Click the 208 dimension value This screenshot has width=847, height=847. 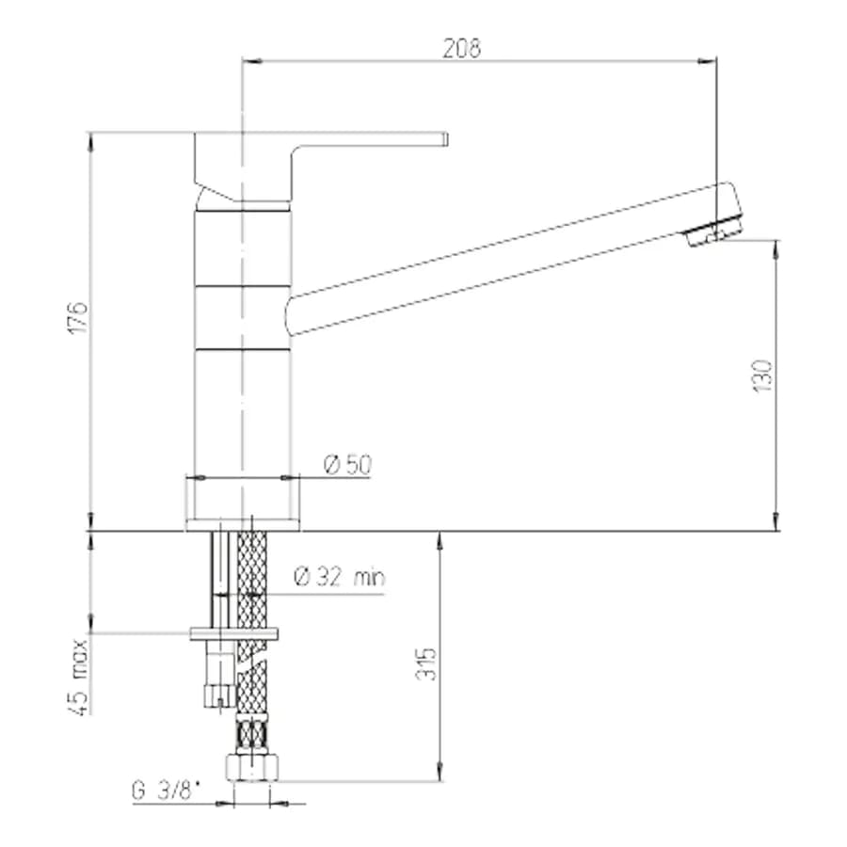point(462,48)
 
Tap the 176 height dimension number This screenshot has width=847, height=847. point(78,318)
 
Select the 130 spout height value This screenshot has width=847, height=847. point(762,376)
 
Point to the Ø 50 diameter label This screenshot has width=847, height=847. point(348,465)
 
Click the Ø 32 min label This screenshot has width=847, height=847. point(340,577)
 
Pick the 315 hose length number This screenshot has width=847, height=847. point(425,663)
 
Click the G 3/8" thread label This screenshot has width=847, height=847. point(166,791)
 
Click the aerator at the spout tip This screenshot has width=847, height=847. point(712,231)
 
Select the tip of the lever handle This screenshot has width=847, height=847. point(445,139)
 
